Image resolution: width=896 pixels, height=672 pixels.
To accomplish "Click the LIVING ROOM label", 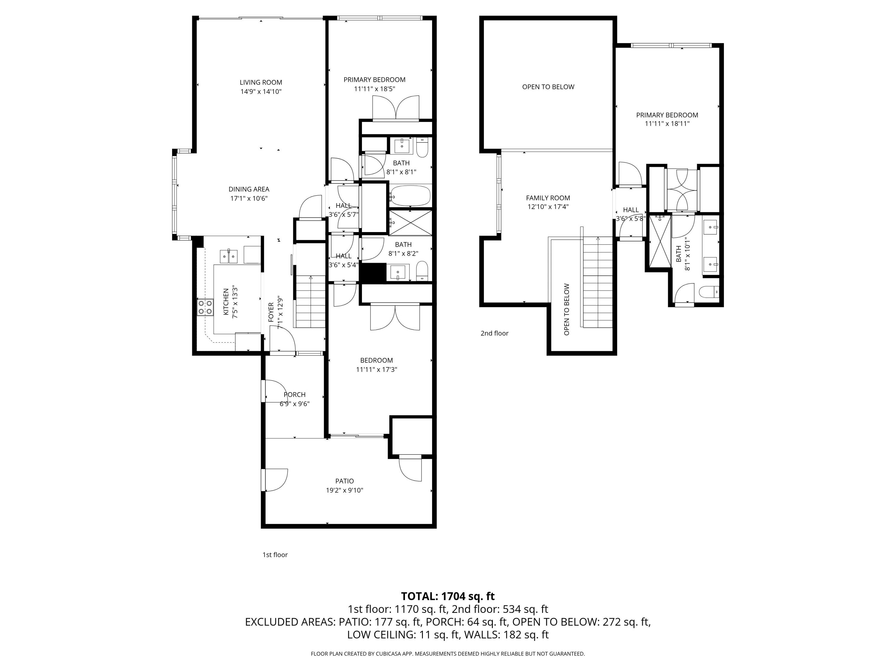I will coord(260,82).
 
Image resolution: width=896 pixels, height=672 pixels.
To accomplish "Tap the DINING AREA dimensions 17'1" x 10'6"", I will coord(249,199).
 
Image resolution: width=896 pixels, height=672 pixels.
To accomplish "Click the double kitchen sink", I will coord(228,256).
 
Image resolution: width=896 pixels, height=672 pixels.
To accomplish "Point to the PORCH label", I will coord(294,395).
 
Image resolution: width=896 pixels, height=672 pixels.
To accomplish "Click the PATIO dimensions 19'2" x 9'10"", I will coord(344,490).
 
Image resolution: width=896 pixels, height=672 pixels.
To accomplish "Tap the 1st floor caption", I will coord(275,555).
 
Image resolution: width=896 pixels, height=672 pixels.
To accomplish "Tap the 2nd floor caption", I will coord(494,333).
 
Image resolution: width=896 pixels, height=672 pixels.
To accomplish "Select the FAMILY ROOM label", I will coord(548,198).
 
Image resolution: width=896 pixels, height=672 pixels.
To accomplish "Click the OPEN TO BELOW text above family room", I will coord(548,87).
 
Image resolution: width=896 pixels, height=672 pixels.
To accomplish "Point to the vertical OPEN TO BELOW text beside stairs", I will coord(566,309).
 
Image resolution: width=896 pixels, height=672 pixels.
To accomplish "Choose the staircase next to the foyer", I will coord(311,302).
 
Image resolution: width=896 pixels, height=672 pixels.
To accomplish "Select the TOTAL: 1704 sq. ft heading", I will coord(448,596).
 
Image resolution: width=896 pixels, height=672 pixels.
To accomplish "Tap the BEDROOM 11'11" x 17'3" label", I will coord(376,360).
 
